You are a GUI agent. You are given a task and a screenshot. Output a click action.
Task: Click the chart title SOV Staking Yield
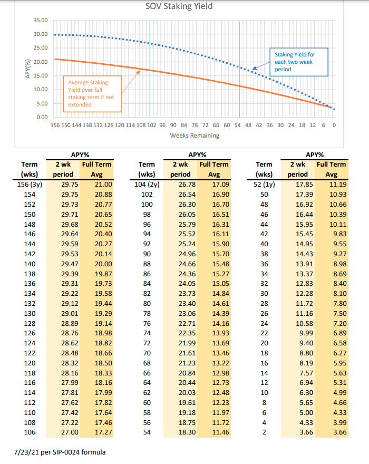[x=179, y=7]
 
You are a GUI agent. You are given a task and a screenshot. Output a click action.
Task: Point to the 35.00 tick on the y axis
[x=41, y=21]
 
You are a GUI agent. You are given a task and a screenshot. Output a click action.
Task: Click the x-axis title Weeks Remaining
[x=195, y=136]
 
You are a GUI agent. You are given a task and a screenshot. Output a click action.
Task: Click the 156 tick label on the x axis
[x=54, y=125]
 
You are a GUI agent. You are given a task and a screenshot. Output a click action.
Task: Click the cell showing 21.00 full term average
[x=96, y=183]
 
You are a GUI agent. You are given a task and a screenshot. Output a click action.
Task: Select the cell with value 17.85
[x=297, y=183]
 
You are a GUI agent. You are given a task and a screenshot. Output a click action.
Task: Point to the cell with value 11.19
[x=331, y=183]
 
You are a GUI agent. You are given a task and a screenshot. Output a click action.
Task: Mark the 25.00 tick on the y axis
[x=41, y=48]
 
